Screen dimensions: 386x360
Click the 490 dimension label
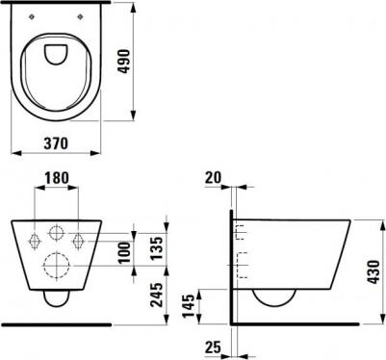click(124, 61)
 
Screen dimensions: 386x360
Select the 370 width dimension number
click(56, 143)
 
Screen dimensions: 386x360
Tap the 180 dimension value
click(57, 178)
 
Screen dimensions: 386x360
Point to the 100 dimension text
click(125, 253)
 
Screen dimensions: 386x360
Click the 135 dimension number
click(158, 248)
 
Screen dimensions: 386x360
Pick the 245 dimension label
click(158, 295)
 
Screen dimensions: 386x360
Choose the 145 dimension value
click(189, 305)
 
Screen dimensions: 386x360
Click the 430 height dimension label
click(373, 272)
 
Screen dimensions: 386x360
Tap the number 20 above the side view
click(214, 177)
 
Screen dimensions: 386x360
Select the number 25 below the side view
click(214, 347)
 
